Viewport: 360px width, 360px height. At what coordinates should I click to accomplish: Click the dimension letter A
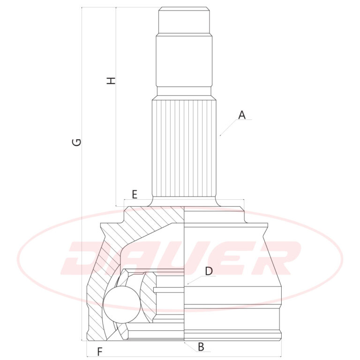(x=242, y=115)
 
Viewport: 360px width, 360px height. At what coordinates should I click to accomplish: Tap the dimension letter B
(x=201, y=347)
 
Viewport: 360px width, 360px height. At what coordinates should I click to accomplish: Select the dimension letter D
(x=209, y=271)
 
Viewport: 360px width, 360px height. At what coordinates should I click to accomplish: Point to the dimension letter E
(x=135, y=195)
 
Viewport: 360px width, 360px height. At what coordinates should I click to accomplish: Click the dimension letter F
(x=100, y=352)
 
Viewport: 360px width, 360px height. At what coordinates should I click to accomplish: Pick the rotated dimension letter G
(x=77, y=142)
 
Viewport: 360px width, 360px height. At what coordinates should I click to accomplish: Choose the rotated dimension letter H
(x=111, y=81)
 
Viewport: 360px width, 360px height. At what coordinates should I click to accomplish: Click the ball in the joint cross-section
(x=121, y=305)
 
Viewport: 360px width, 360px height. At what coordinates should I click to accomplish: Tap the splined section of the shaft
(x=184, y=149)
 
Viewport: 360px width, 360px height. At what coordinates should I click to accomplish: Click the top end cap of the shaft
(x=184, y=20)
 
